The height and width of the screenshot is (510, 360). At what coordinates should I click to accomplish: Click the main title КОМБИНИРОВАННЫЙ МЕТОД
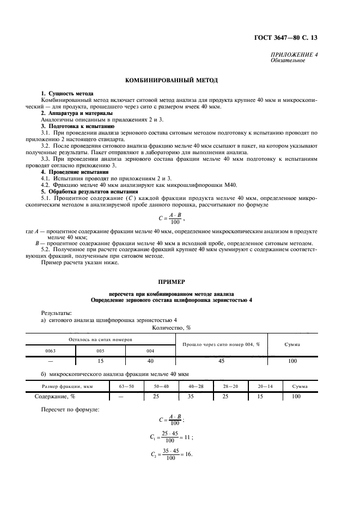[172, 80]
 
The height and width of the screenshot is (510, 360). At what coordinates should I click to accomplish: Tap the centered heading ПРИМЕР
[172, 282]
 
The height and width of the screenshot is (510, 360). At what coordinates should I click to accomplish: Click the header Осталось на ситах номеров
[100, 339]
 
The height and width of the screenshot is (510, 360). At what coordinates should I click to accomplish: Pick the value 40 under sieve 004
[150, 361]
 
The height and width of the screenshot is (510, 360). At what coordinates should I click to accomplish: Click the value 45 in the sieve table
[221, 361]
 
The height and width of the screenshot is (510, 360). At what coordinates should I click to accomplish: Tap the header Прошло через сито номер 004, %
[221, 344]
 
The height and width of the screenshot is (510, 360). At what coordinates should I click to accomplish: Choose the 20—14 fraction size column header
[266, 386]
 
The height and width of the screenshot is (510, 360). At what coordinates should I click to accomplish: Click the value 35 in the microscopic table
[191, 396]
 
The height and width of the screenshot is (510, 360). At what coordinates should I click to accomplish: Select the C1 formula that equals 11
[172, 437]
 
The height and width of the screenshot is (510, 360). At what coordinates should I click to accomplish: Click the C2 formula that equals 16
[172, 455]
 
